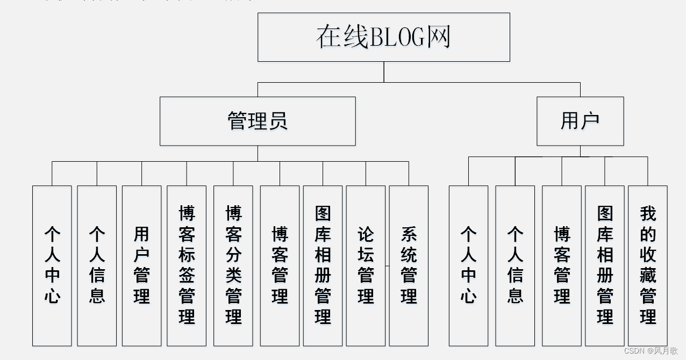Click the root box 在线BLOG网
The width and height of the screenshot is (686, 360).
384,37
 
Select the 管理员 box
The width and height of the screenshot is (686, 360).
258,121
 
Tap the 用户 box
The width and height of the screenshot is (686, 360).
580,121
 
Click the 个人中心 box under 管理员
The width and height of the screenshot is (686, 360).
52,265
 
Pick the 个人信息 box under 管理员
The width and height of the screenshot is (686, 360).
97,265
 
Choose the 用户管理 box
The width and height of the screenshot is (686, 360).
141,265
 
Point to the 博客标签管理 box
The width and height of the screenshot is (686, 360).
187,265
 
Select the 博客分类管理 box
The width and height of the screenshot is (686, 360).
233,265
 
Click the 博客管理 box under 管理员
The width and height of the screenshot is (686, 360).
280,265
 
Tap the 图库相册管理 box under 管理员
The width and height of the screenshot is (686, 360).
323,265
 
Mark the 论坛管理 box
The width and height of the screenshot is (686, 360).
366,265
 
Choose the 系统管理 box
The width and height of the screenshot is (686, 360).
409,265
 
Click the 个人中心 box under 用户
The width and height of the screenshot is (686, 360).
468,265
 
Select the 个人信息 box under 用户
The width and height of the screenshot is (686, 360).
515,265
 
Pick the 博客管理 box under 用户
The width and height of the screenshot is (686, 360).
562,265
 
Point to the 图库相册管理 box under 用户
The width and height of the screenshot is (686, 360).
605,265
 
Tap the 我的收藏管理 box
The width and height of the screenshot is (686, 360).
648,265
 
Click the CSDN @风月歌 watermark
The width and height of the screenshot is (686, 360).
651,351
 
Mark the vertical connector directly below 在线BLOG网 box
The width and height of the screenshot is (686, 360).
384,72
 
